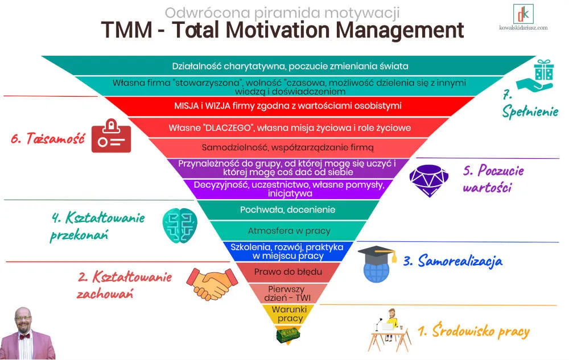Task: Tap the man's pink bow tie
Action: [24, 337]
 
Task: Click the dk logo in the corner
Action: [521, 14]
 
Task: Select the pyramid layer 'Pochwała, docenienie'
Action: [287, 210]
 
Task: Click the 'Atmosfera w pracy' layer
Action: [288, 231]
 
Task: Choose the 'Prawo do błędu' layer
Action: [288, 272]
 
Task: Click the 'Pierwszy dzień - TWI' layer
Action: [287, 292]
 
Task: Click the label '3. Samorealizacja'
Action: [453, 261]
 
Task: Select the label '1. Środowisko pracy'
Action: [473, 331]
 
